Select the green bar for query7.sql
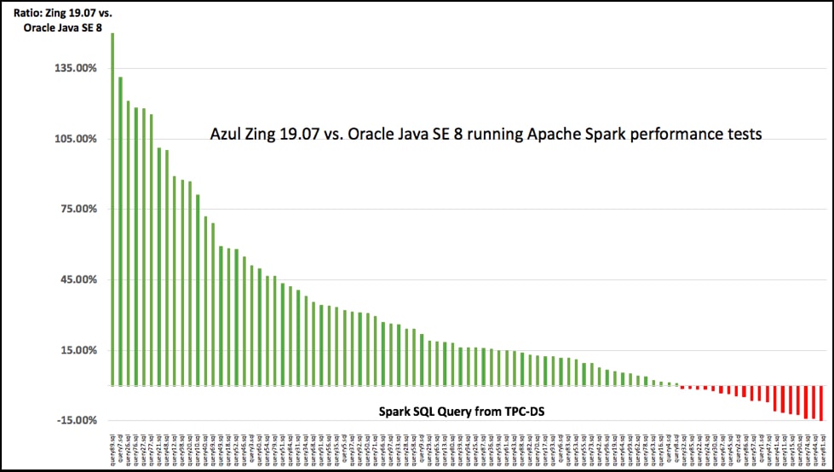(x=120, y=230)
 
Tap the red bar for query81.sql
(x=821, y=403)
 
